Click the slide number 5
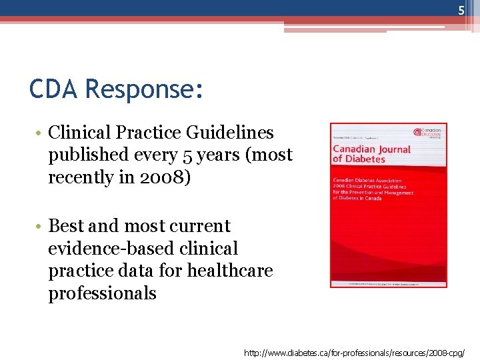click(x=461, y=10)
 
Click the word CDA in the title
click(x=53, y=89)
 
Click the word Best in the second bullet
click(x=67, y=226)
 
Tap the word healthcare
click(x=231, y=271)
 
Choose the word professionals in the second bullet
click(x=102, y=293)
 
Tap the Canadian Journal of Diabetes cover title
click(x=371, y=154)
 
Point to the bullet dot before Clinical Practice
click(x=39, y=133)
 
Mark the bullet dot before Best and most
click(x=39, y=227)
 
